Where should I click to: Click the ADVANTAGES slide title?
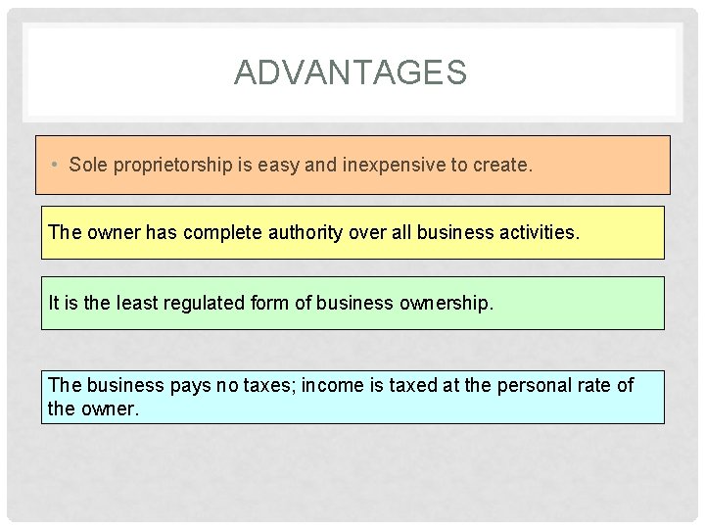[351, 72]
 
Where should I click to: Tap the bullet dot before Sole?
[56, 165]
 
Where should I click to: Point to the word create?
[504, 165]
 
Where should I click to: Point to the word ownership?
[446, 304]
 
